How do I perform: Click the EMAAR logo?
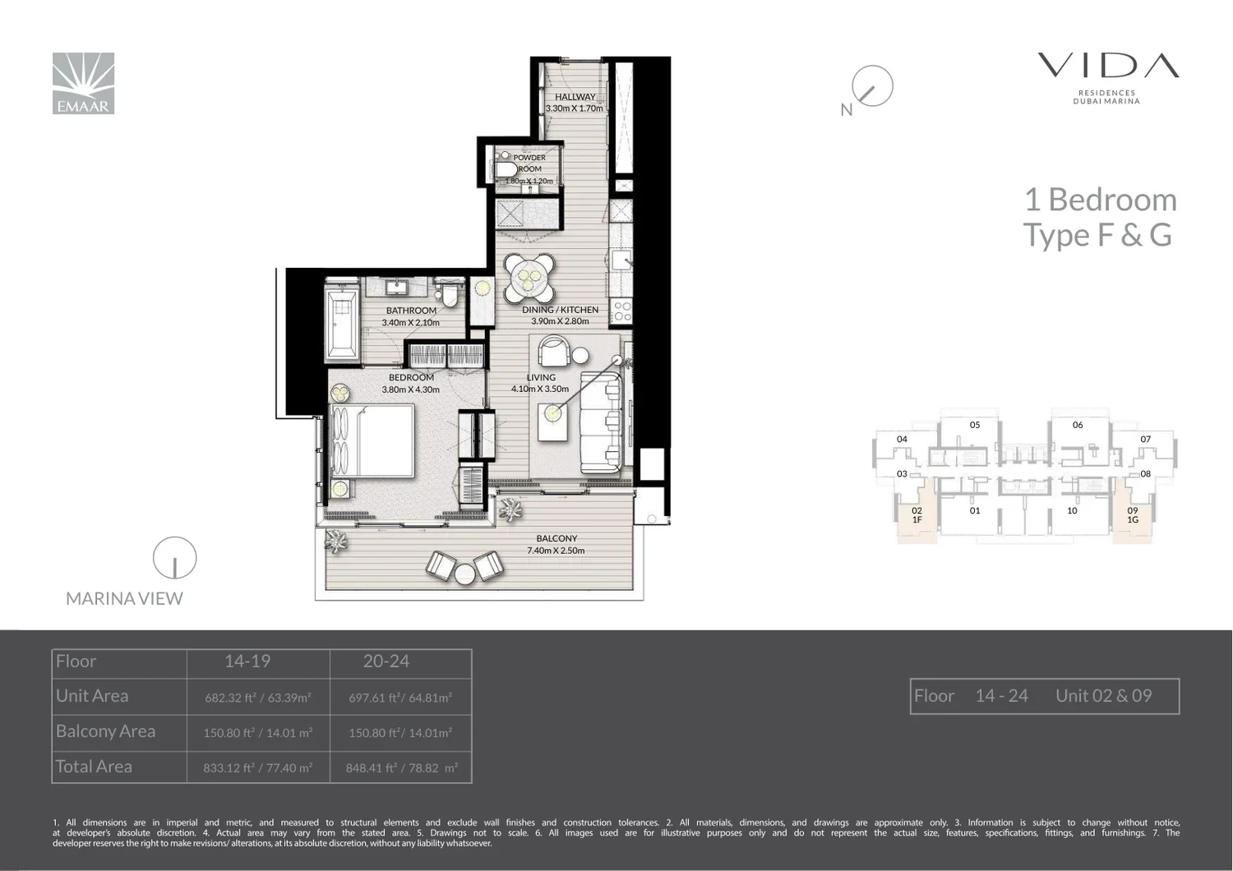tap(83, 83)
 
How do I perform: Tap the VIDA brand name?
tap(1108, 66)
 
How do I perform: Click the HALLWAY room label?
tap(575, 97)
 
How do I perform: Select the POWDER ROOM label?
tap(529, 163)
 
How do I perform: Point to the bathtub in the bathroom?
tap(341, 324)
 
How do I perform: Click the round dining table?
tap(529, 277)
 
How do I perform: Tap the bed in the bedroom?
tap(372, 440)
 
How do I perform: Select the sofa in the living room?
tap(601, 422)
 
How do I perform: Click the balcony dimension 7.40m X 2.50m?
tap(556, 551)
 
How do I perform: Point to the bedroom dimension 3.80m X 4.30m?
tap(411, 389)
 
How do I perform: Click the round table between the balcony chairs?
tap(464, 574)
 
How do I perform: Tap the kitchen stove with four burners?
tap(622, 311)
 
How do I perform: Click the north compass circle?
tap(872, 85)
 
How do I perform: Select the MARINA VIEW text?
tap(124, 598)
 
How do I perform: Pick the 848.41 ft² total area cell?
tap(401, 767)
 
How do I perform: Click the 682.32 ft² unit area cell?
tap(258, 698)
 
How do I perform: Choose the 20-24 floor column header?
tap(386, 661)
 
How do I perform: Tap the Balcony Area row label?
tap(106, 731)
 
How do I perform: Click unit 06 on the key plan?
tap(1078, 425)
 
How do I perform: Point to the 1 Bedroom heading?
tap(1101, 199)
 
